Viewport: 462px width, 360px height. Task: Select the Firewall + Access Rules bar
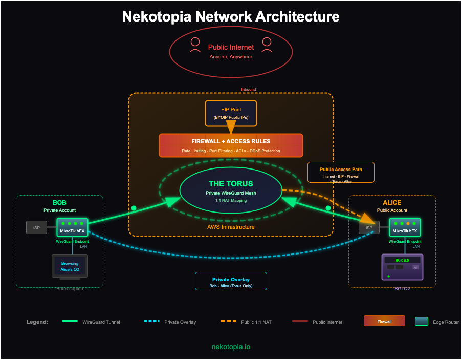231,145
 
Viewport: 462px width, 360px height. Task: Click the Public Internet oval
231,51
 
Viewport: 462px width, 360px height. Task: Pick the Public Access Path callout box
341,172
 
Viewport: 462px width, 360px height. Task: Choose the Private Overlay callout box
231,281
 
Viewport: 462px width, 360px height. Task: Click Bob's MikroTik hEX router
73,227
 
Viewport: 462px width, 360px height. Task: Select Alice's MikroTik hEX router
405,227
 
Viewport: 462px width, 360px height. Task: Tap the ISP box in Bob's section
36,227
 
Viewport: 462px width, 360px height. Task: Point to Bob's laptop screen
70,266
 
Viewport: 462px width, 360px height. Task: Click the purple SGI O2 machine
403,267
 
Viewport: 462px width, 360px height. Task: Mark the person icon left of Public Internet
195,45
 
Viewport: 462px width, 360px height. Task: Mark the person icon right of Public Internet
267,45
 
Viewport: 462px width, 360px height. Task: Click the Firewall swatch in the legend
384,321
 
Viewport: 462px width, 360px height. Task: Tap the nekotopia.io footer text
231,347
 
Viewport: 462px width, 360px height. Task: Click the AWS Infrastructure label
230,227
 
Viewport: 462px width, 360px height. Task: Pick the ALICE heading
392,203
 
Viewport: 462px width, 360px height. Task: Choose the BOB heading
59,203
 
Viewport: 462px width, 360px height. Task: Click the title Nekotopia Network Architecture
231,16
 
